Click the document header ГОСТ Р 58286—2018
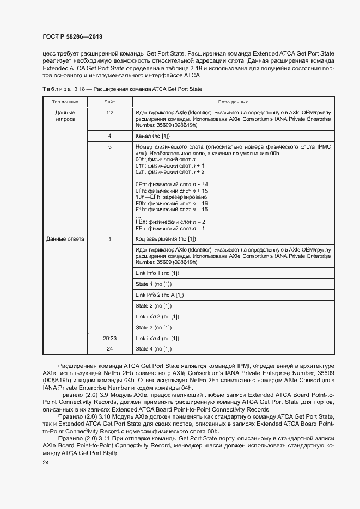coord(72,36)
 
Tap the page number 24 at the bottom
coord(46,463)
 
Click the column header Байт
coord(109,102)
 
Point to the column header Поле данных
coord(233,102)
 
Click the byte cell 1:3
coord(109,112)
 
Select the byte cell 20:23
coord(109,338)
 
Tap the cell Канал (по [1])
coord(152,136)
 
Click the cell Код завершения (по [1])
coord(166,239)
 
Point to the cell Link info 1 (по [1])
coord(157,273)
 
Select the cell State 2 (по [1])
coord(153,305)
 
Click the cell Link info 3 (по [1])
coord(157,316)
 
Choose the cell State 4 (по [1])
coord(153,349)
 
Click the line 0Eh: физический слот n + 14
coord(172,185)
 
